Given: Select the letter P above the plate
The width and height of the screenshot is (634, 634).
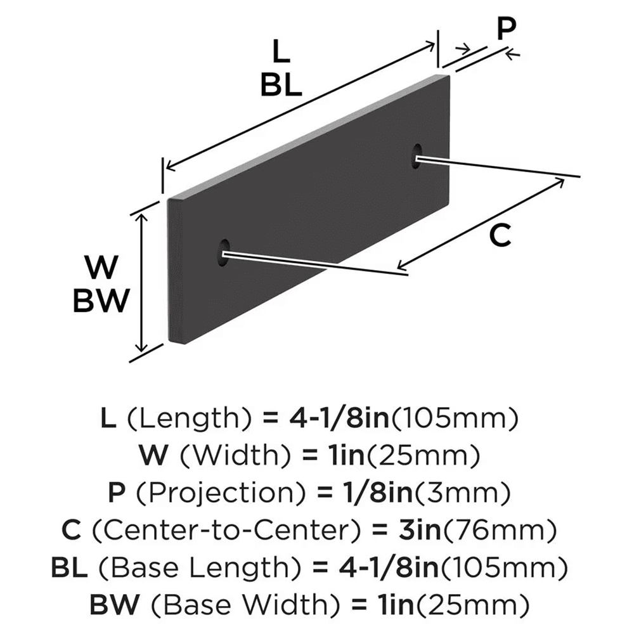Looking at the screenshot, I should click(506, 29).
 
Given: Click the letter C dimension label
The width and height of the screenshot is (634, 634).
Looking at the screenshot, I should click(500, 236).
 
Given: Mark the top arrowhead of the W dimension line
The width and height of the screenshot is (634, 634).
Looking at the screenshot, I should click(143, 216).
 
